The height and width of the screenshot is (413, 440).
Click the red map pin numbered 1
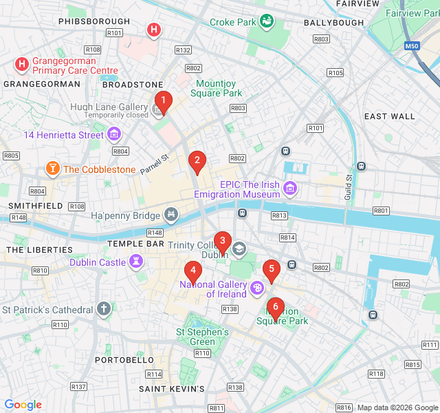[x=162, y=100]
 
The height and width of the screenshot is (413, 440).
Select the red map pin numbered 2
[x=197, y=161]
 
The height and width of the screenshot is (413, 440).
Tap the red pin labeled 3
[x=222, y=241]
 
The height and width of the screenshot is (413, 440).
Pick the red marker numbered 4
[x=193, y=271]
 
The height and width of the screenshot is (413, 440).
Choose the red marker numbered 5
[x=272, y=269]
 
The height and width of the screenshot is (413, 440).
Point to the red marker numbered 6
[x=276, y=307]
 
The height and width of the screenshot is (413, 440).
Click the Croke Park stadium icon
[x=267, y=22]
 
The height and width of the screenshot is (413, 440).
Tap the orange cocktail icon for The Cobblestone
[x=52, y=169]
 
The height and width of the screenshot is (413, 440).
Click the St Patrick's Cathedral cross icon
[x=104, y=309]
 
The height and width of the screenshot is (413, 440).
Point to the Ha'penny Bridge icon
[x=170, y=216]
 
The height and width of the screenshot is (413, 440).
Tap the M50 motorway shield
[x=412, y=46]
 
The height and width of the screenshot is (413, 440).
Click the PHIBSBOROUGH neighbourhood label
[x=94, y=21]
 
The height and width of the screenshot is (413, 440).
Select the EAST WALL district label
[x=390, y=116]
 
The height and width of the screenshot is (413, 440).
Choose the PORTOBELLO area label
[x=124, y=360]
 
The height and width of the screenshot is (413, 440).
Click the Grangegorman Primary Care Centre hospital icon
[x=21, y=65]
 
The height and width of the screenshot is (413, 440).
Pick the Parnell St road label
[x=155, y=164]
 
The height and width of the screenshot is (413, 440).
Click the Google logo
[x=23, y=405]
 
